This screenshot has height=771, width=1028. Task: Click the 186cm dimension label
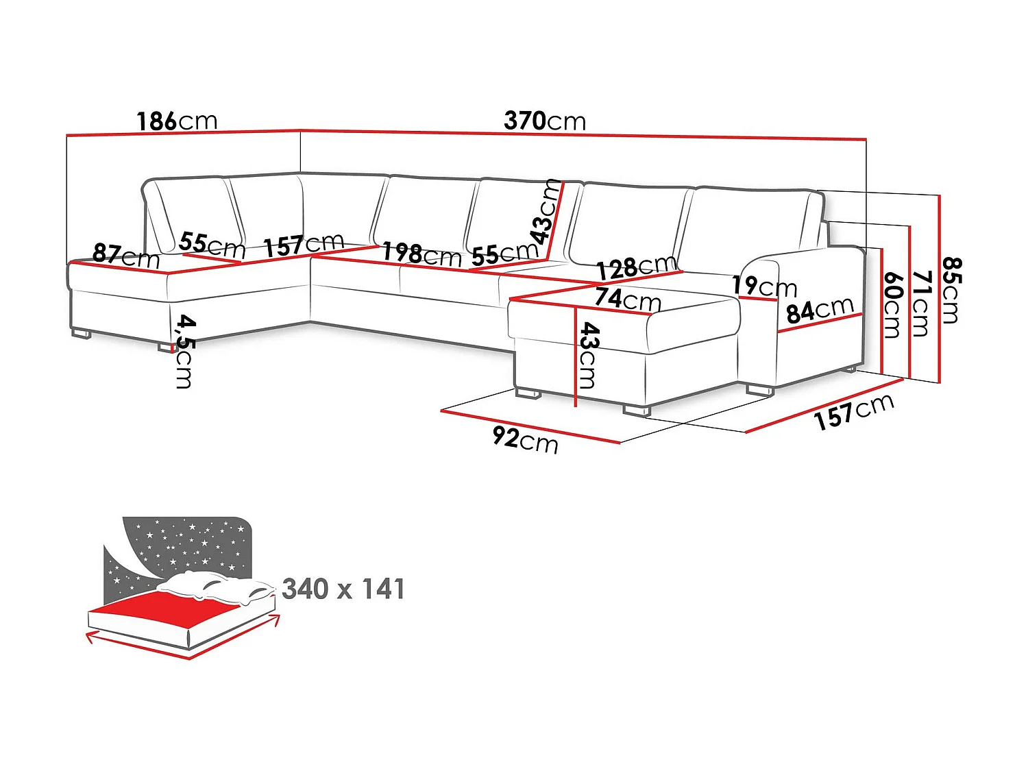pyautogui.click(x=177, y=121)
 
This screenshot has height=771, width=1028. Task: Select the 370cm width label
pyautogui.click(x=545, y=121)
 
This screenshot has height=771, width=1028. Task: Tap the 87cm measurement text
pyautogui.click(x=126, y=256)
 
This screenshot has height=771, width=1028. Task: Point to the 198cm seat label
pyautogui.click(x=421, y=254)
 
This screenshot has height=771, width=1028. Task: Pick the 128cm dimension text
pyautogui.click(x=637, y=267)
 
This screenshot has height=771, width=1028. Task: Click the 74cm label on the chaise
pyautogui.click(x=627, y=299)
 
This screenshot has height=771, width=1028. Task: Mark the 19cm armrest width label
pyautogui.click(x=764, y=285)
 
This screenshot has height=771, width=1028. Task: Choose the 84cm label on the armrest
pyautogui.click(x=820, y=310)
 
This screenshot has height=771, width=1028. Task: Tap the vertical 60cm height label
pyautogui.click(x=892, y=305)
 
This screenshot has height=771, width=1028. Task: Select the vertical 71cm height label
pyautogui.click(x=922, y=303)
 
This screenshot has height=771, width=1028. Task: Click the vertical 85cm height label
pyautogui.click(x=951, y=290)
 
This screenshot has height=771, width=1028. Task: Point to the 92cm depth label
pyautogui.click(x=525, y=439)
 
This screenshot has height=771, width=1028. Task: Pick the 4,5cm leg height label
pyautogui.click(x=184, y=352)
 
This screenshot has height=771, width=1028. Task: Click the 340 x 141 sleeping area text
pyautogui.click(x=343, y=589)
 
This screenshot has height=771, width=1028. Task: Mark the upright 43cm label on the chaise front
pyautogui.click(x=589, y=356)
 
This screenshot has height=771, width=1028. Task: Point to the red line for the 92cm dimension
pyautogui.click(x=530, y=427)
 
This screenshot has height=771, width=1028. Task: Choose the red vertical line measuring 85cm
pyautogui.click(x=940, y=288)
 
